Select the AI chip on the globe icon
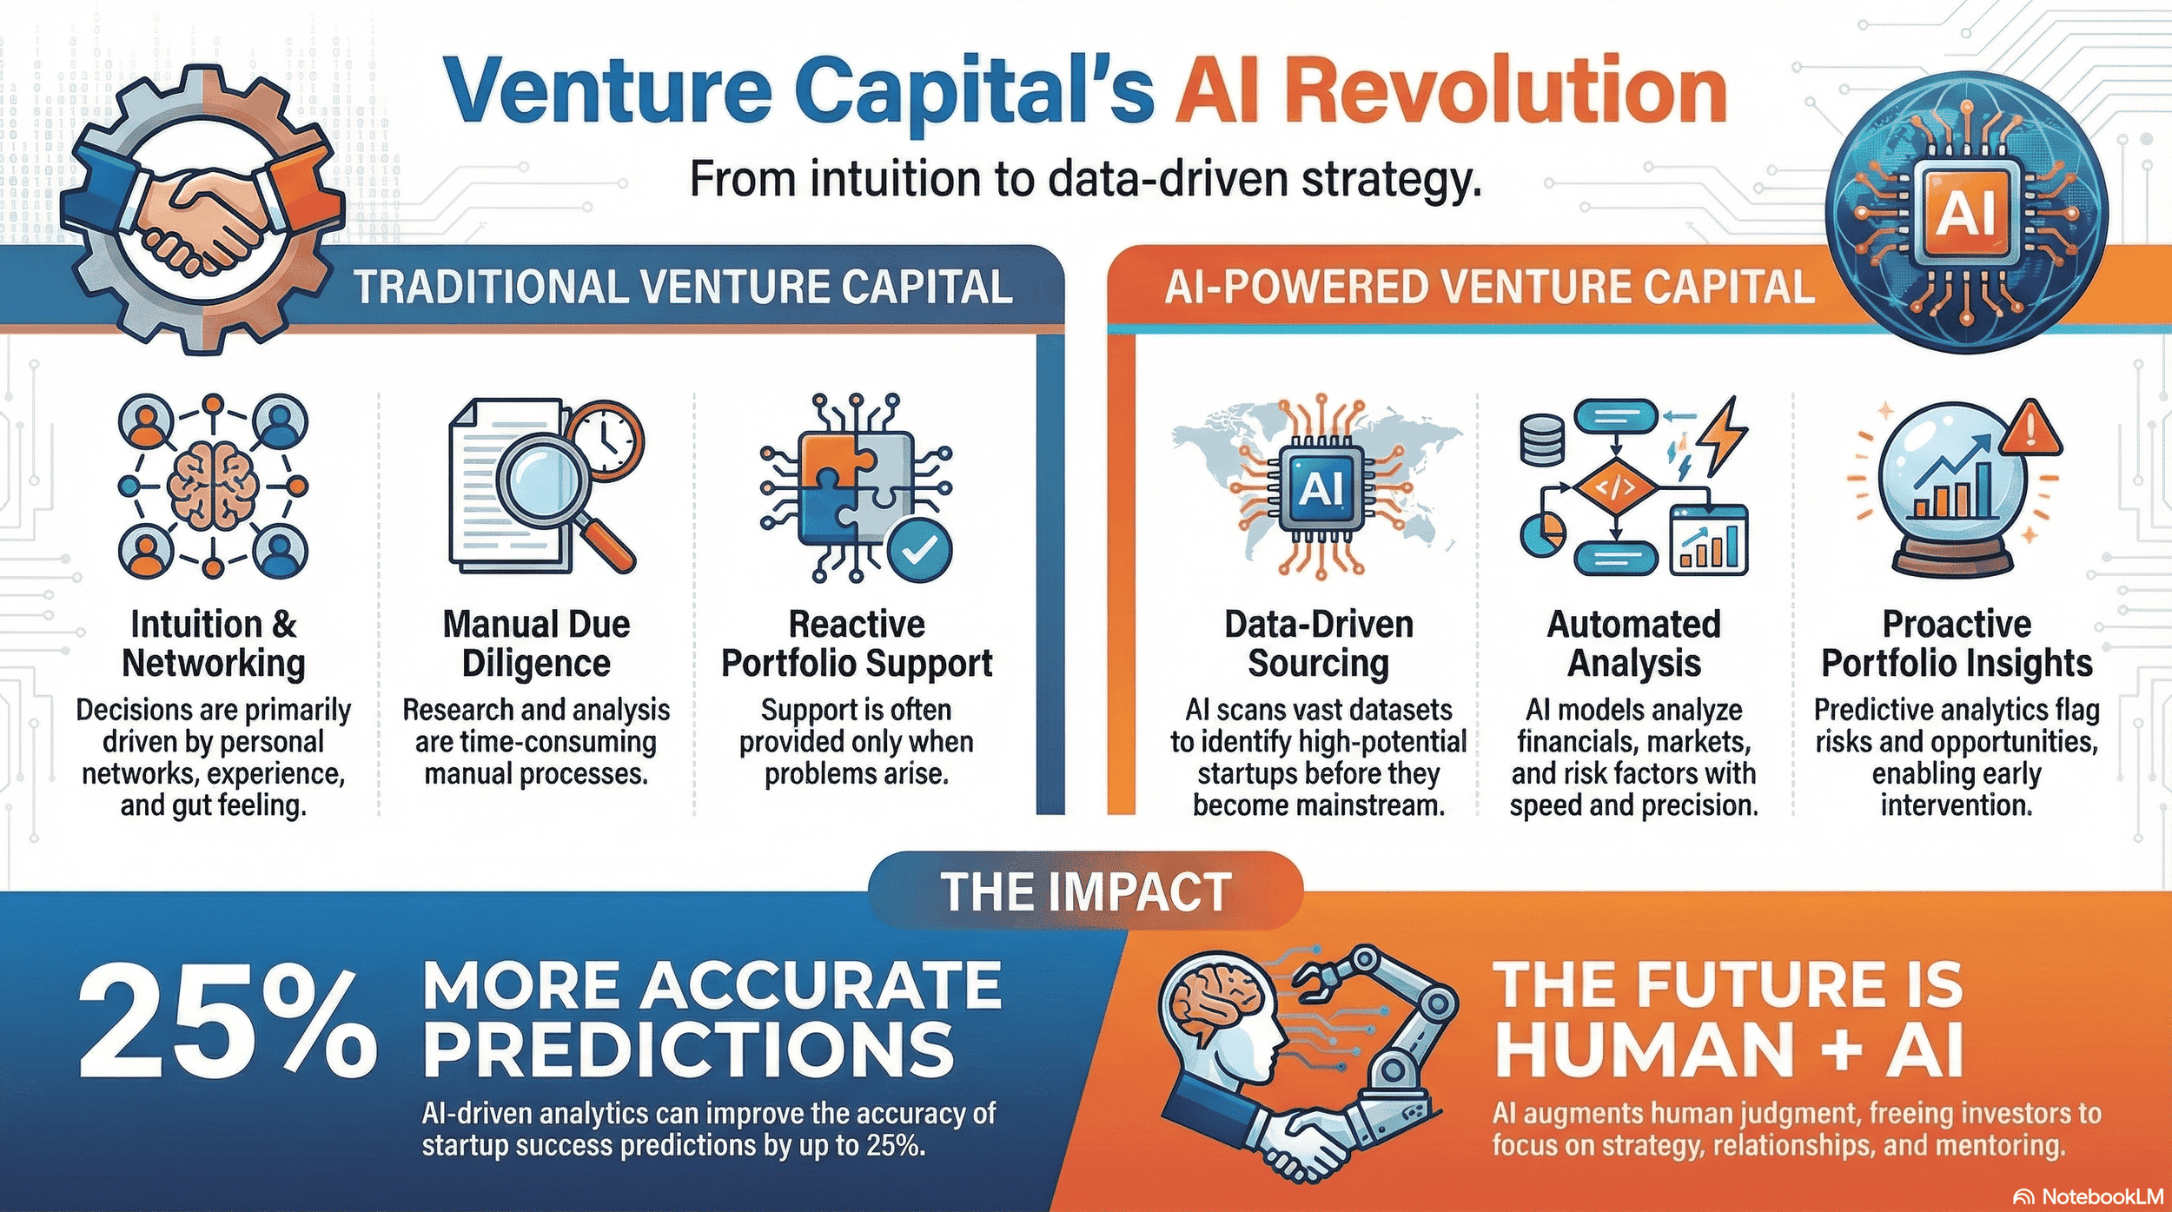pos(1966,211)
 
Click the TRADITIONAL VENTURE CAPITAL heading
pos(683,288)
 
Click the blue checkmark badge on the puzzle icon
pos(920,548)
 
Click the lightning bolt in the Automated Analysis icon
pos(1725,434)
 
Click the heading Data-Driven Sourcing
pos(1318,644)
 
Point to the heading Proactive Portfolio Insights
pos(1956,644)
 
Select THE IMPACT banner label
pos(1085,891)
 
